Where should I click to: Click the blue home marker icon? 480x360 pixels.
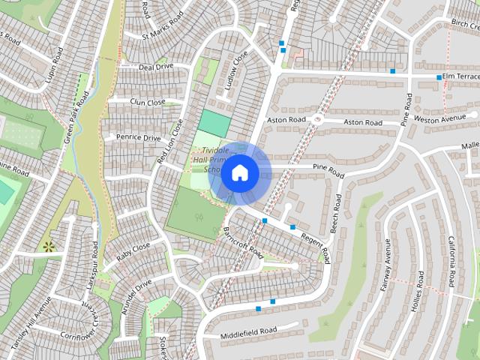click(x=239, y=173)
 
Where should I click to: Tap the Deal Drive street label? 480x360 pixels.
click(x=156, y=67)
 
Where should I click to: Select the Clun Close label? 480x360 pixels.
click(x=147, y=102)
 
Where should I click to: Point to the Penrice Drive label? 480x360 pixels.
click(x=138, y=138)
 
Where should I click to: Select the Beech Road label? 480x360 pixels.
click(x=338, y=213)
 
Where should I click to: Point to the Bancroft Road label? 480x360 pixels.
click(x=244, y=240)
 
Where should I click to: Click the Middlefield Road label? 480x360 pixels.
click(x=249, y=331)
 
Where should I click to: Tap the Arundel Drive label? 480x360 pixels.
click(x=132, y=291)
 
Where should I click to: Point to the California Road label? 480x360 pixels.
click(x=451, y=261)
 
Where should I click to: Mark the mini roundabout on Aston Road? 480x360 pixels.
click(x=318, y=119)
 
